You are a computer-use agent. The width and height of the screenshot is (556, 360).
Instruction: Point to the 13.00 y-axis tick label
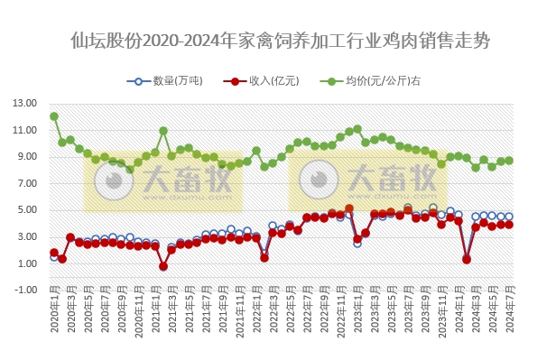point(24,103)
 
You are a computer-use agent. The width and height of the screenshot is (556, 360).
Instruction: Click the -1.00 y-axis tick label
point(24,291)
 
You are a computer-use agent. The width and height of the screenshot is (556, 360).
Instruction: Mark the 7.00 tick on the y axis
point(24,183)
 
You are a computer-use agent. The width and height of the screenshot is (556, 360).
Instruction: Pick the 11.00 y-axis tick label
point(24,130)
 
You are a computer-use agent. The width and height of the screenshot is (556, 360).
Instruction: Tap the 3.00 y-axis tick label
point(24,237)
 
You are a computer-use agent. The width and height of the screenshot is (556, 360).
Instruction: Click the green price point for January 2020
point(54,116)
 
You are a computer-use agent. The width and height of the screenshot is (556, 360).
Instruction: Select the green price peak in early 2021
point(163,131)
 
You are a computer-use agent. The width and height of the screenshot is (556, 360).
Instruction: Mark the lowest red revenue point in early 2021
point(163,266)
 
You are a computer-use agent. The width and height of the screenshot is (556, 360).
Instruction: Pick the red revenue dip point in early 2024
point(467,259)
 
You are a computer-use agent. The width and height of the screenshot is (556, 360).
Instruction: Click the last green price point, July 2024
point(509,161)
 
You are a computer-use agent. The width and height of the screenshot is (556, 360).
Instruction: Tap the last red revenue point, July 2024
point(509,225)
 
